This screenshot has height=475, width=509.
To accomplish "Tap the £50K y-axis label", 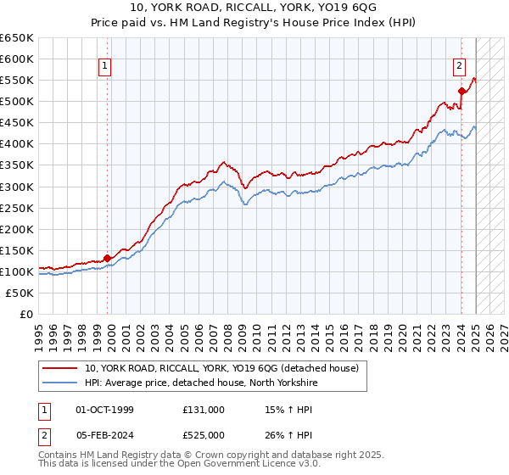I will (20, 293).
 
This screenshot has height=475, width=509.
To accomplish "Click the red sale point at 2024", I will (461, 91).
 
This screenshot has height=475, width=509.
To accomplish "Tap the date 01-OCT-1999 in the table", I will (104, 410).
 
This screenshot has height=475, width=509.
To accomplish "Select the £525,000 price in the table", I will (204, 435).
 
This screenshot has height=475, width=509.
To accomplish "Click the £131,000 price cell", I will (204, 410).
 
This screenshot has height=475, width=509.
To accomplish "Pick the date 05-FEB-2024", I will (104, 435).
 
